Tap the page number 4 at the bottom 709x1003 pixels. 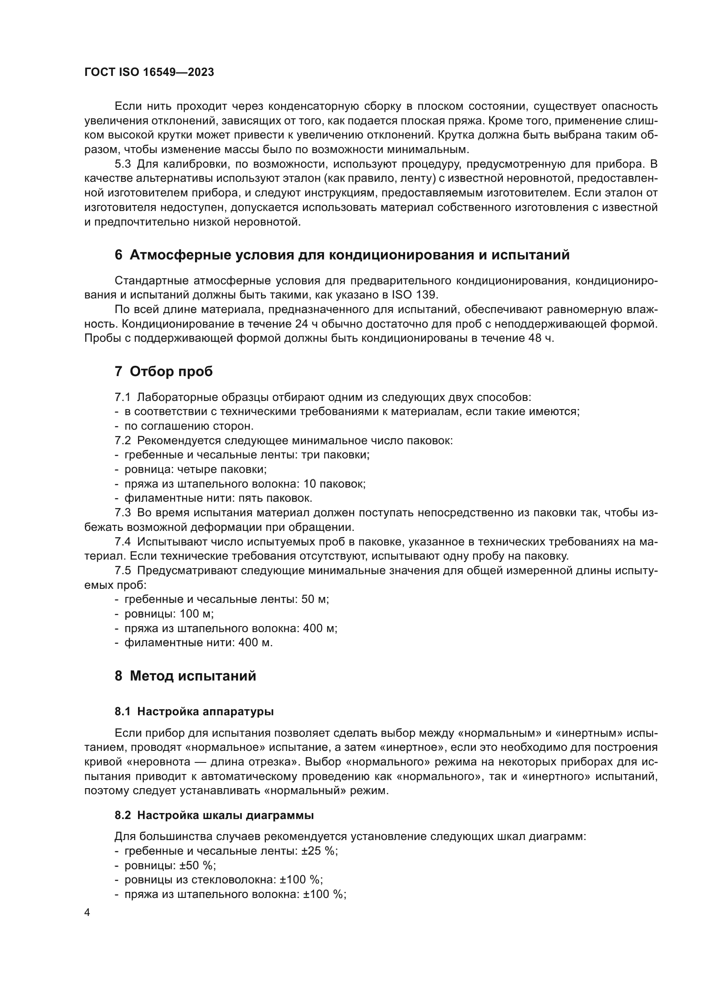87,913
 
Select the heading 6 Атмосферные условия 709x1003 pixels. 342,255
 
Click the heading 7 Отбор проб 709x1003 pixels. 164,371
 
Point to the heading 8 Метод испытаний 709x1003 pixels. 185,676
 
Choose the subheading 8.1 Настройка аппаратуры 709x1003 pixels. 194,712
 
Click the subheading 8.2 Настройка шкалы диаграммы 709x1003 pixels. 214,815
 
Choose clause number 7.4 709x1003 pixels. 123,542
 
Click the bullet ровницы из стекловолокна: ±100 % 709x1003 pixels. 223,880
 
